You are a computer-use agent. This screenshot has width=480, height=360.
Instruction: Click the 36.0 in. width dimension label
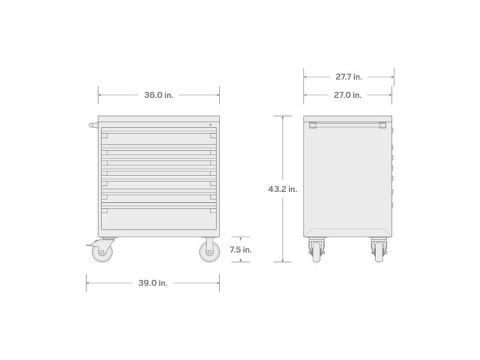click(159, 95)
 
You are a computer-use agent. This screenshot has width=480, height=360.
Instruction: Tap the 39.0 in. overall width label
click(153, 283)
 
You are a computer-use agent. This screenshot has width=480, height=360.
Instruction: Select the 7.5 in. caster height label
click(241, 250)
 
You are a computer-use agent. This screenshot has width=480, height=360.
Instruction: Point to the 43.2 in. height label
click(283, 189)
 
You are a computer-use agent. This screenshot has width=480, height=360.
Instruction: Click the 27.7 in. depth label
click(349, 77)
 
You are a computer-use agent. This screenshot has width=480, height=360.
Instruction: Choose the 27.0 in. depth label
click(347, 95)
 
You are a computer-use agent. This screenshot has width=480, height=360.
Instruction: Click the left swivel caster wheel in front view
click(102, 252)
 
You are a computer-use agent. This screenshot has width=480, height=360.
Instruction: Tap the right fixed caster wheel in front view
click(210, 252)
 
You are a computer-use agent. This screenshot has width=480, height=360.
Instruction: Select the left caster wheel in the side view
click(317, 251)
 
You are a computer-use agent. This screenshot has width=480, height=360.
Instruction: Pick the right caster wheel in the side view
click(379, 251)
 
